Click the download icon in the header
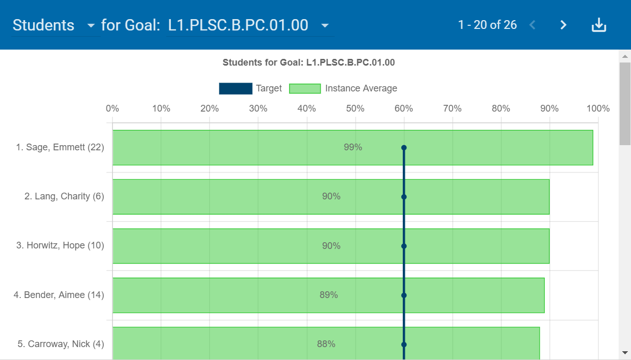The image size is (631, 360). tap(598, 25)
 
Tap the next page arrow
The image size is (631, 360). tap(563, 25)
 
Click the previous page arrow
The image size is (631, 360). tap(532, 25)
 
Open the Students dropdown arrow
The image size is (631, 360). tap(91, 25)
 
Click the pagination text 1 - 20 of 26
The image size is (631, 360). tap(487, 25)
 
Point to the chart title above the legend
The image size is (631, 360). tap(308, 62)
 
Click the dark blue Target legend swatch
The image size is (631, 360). tap(235, 88)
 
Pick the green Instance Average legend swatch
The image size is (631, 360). tap(305, 88)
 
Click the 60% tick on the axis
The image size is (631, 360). tap(404, 108)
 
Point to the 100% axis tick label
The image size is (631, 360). tap(598, 108)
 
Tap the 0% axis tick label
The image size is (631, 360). tap(113, 108)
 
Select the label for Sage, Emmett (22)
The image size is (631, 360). tap(60, 147)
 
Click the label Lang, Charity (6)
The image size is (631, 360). tap(64, 196)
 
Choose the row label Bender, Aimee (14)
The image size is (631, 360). tap(59, 295)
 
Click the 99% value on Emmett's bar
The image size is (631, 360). tap(353, 147)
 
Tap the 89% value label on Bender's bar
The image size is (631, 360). tap(328, 295)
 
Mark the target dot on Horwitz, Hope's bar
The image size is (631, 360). tap(404, 246)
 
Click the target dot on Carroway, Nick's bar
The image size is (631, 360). tap(404, 345)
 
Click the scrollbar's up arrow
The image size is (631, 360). tap(625, 56)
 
